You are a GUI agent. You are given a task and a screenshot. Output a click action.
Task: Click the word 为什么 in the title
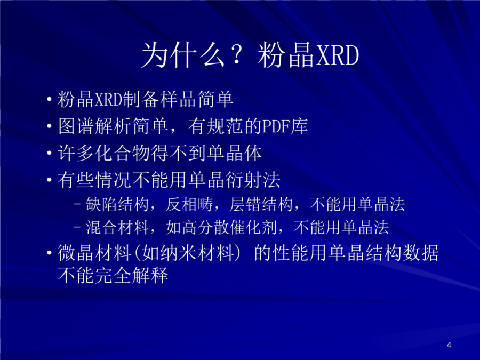pyautogui.click(x=183, y=55)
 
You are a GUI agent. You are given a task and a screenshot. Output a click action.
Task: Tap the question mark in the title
pyautogui.click(x=236, y=55)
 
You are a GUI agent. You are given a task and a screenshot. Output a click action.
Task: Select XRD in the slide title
pyautogui.click(x=337, y=55)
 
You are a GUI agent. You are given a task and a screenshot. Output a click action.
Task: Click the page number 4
pyautogui.click(x=449, y=345)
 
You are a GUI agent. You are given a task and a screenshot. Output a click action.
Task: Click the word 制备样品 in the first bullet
pyautogui.click(x=158, y=99)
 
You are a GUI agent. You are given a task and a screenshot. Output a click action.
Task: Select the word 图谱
pyautogui.click(x=76, y=126)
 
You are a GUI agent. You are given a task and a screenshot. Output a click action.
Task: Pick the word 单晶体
pyautogui.click(x=235, y=153)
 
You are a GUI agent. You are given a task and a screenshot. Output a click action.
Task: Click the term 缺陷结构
pyautogui.click(x=117, y=204)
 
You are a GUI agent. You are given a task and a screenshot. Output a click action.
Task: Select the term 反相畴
pyautogui.click(x=189, y=204)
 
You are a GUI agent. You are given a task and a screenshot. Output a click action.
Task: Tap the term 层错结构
pyautogui.click(x=261, y=204)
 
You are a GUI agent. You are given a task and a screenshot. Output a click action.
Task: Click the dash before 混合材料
pyautogui.click(x=77, y=227)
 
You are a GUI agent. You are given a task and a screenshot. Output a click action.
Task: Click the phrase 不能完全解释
pyautogui.click(x=113, y=275)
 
